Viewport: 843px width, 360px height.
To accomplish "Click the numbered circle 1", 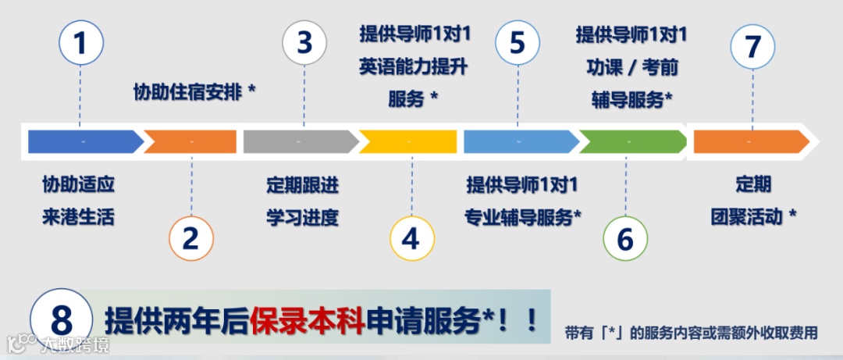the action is [80, 43].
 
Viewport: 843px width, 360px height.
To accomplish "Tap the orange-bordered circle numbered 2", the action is [191, 237].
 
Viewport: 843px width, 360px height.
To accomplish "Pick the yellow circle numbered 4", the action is [411, 237].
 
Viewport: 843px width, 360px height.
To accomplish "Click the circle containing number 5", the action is [518, 43].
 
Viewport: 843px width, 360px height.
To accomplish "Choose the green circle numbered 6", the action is [625, 237].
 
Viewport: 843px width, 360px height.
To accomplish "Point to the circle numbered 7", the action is [752, 46].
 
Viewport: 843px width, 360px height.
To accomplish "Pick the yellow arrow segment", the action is [407, 141].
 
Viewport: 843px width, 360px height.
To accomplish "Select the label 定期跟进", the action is [303, 186].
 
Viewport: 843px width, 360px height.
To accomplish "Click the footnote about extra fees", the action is [691, 333].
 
